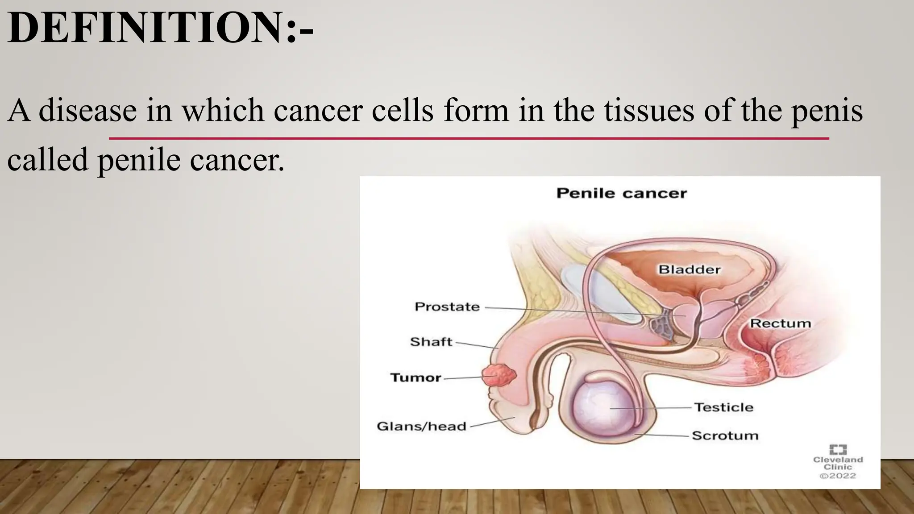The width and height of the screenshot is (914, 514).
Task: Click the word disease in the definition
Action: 88,110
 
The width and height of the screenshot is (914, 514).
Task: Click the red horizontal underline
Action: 469,139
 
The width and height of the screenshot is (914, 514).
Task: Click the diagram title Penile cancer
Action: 621,193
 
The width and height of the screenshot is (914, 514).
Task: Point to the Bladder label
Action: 690,269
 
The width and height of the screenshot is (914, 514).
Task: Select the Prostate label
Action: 447,307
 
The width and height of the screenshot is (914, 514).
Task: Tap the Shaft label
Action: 431,342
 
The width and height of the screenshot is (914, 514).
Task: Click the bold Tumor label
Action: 415,378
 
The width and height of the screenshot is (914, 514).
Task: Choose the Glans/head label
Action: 421,427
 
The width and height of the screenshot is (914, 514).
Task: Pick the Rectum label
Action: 780,323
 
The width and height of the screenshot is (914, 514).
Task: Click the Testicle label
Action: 723,407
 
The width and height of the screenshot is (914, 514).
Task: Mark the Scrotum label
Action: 725,435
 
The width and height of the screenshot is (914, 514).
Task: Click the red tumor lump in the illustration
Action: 499,375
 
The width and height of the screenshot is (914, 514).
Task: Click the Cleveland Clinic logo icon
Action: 838,449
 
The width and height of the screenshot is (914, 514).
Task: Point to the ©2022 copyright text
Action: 838,476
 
